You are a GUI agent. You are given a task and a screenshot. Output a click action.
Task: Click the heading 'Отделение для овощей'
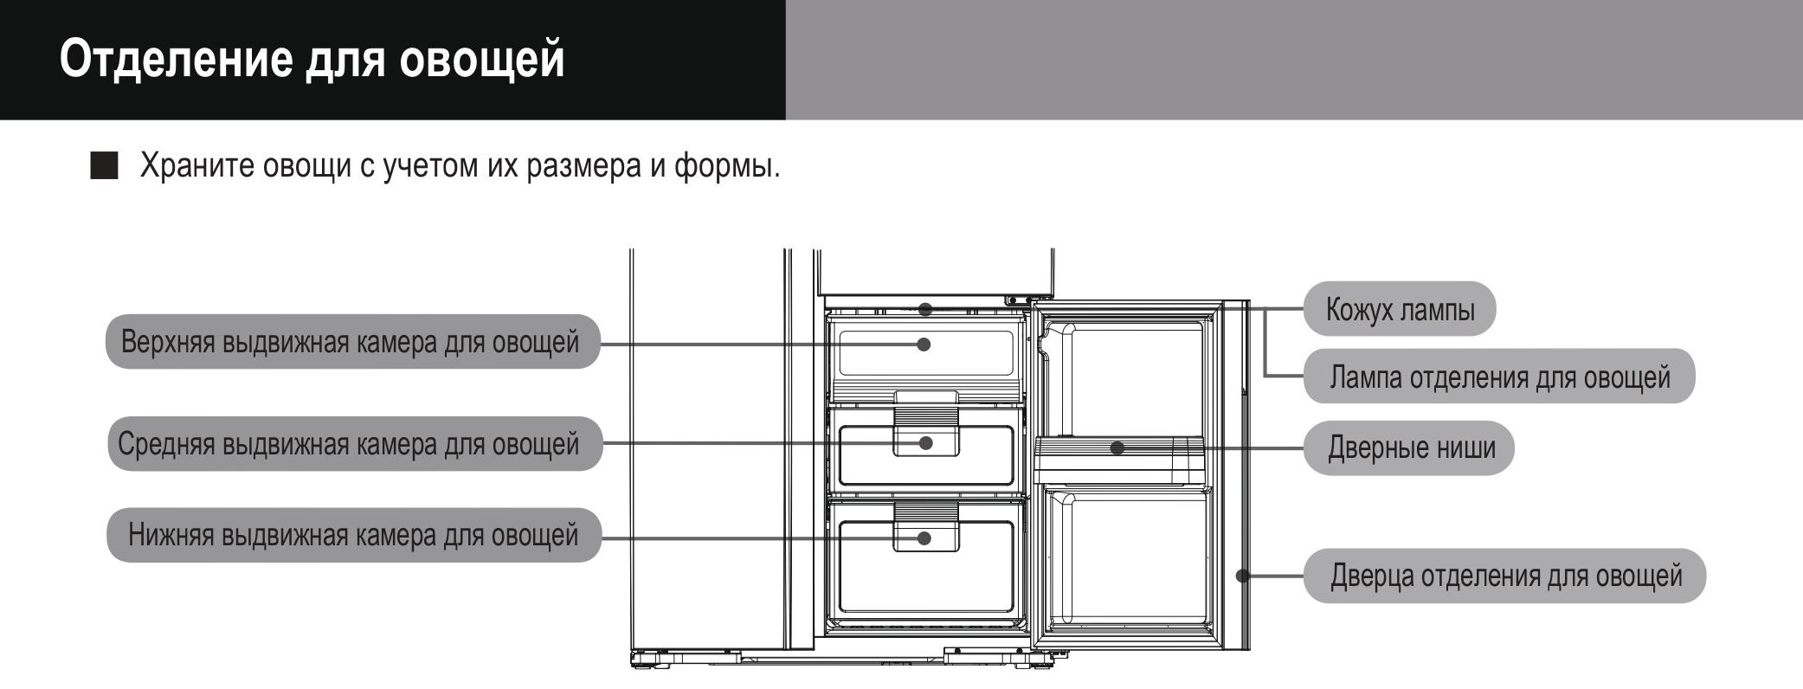tap(312, 59)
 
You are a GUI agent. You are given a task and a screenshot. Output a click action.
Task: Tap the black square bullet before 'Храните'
tap(104, 165)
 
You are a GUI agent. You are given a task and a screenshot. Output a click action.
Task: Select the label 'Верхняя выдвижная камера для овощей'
tap(351, 342)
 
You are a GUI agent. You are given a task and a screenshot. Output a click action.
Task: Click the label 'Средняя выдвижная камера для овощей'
tap(351, 444)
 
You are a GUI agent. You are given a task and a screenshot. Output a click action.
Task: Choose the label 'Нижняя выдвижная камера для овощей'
tap(352, 535)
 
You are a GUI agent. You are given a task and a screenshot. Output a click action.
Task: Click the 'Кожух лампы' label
tap(1400, 309)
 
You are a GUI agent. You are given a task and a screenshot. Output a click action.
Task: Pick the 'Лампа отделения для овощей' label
tap(1499, 377)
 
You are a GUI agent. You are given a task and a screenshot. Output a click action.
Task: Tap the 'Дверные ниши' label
tap(1411, 448)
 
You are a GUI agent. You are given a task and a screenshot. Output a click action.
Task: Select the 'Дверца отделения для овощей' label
tap(1505, 576)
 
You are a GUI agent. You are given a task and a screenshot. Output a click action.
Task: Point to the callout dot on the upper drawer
tap(924, 344)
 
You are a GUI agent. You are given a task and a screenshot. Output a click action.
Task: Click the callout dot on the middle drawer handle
tap(925, 443)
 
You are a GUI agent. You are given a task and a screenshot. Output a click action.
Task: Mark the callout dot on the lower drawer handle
tap(924, 538)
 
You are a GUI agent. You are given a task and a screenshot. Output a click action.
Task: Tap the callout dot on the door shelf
tap(1117, 448)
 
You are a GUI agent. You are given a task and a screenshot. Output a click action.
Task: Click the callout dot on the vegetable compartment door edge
tap(1242, 576)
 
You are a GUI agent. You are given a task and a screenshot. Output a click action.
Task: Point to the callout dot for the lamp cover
tap(925, 309)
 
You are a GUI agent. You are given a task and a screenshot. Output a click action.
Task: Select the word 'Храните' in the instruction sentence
tap(197, 165)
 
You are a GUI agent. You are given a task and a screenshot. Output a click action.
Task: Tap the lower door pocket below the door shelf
tap(1125, 554)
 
